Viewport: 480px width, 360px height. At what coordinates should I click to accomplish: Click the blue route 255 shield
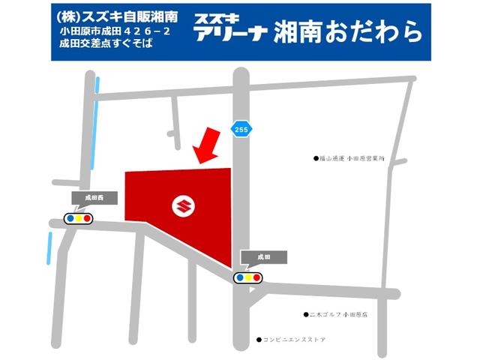239,128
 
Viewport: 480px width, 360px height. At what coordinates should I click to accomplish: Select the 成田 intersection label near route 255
253,256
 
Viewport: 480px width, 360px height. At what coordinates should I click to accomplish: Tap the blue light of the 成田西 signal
70,218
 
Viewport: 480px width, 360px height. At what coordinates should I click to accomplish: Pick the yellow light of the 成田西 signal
79,218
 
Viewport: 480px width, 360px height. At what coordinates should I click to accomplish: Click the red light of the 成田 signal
257,276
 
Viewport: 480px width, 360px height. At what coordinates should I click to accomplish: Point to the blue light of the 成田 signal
239,276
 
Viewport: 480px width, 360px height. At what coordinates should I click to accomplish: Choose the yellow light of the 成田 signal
248,276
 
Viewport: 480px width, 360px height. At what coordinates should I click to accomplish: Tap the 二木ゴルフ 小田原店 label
338,315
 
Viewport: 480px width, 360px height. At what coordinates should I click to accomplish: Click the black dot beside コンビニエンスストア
257,339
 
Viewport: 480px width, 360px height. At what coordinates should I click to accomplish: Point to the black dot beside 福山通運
316,159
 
